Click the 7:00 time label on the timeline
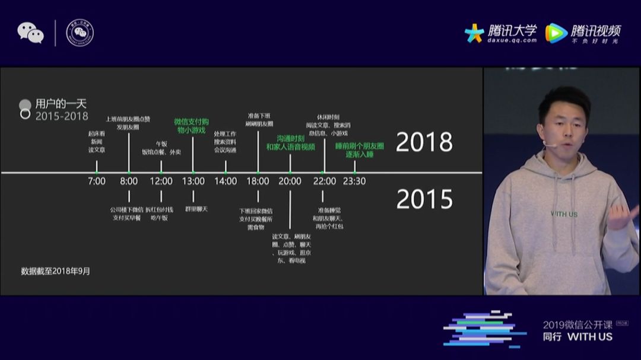[96, 181]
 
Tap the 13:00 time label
[193, 181]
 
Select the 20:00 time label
[290, 181]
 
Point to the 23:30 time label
[354, 181]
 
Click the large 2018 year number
[424, 142]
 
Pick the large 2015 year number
[424, 199]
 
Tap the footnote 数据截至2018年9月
[56, 271]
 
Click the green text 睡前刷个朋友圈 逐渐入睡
[360, 149]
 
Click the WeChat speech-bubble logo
[30, 33]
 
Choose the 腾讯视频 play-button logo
[556, 33]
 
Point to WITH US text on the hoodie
[564, 214]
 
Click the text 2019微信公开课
[577, 324]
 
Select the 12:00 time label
[161, 181]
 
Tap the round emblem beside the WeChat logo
[80, 33]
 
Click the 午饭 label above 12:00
[161, 144]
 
